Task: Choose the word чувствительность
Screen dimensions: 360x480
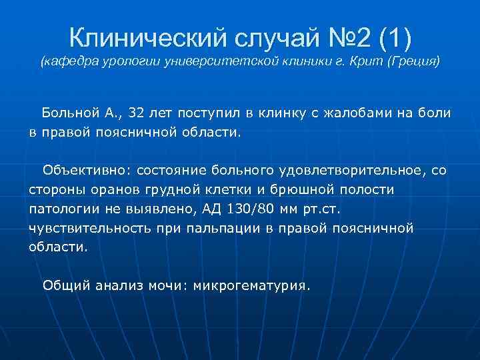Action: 82,228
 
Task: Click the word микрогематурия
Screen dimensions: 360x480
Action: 252,286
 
